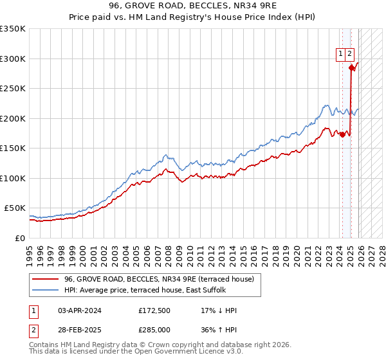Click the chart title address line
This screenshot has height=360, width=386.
192,7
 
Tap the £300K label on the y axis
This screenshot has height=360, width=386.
13,59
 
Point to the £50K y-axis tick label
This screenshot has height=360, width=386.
15,208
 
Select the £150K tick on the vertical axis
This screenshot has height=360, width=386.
13,148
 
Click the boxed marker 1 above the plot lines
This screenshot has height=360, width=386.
339,55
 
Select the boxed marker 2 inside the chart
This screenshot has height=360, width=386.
349,55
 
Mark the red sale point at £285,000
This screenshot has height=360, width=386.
351,67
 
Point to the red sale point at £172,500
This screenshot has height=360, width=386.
342,135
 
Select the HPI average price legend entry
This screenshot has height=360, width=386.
145,291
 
